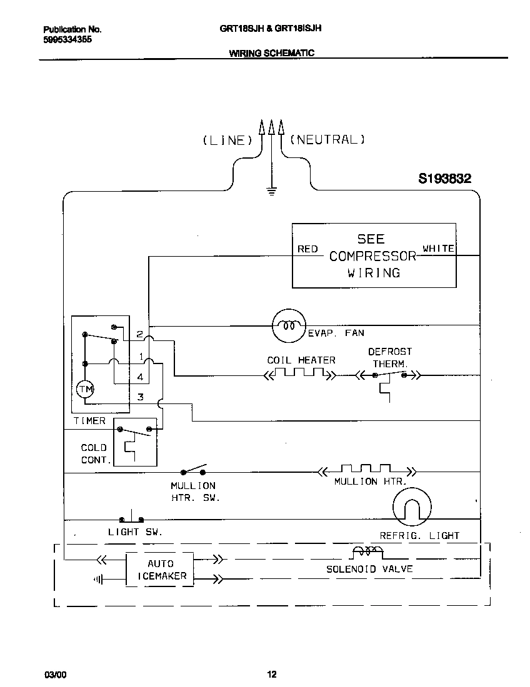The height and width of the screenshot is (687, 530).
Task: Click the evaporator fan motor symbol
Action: coord(288,325)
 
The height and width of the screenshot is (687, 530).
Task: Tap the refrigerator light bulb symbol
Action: coord(412,507)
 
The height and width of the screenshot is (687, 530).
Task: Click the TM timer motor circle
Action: coord(85,390)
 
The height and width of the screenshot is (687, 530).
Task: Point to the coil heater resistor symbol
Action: coord(300,375)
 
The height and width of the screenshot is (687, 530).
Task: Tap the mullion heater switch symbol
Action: coord(193,470)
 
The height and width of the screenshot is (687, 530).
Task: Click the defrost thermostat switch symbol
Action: coord(389,375)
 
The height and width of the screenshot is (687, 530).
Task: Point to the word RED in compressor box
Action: coord(307,249)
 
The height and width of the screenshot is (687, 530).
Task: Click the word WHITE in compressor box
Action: coord(438,248)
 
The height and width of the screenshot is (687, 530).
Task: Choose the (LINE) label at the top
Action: coord(227,141)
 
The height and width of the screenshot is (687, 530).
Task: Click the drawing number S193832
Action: coord(444,179)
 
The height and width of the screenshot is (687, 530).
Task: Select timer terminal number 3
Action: coord(141,397)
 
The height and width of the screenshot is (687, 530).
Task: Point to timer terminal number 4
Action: coord(141,377)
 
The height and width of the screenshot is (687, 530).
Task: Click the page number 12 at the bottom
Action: coord(271,674)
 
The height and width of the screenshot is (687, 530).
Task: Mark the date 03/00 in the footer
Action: coord(53,675)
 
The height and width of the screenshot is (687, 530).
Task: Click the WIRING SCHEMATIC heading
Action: coord(271,54)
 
